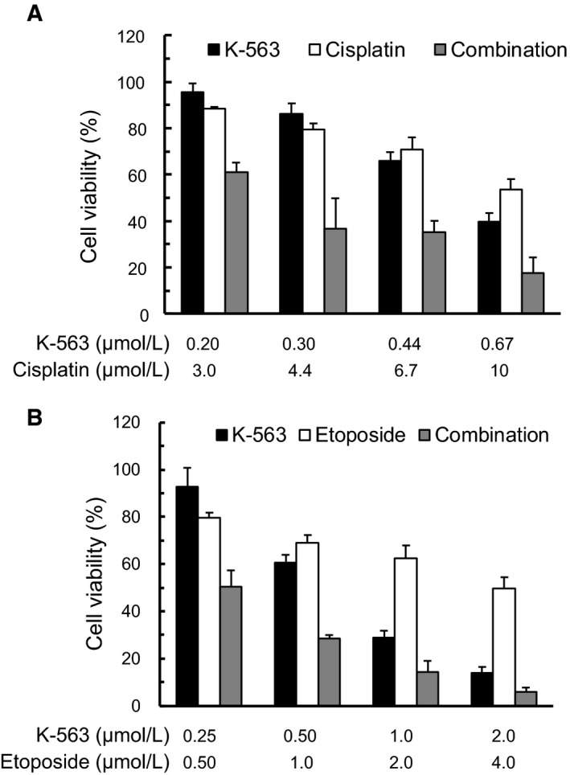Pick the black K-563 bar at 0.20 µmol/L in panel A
pyautogui.click(x=191, y=203)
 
